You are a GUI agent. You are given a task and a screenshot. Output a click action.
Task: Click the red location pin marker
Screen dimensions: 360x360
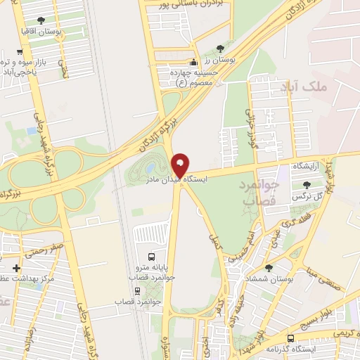coord(180,165)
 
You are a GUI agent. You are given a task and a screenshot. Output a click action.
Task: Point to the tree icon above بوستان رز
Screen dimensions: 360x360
coord(220,49)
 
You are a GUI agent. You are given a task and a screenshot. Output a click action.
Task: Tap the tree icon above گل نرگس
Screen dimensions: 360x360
coord(306,185)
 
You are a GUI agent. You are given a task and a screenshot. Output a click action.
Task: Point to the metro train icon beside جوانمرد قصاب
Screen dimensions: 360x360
coord(136,290)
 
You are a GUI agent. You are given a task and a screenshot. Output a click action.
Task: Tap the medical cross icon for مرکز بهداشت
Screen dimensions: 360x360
coord(17,268)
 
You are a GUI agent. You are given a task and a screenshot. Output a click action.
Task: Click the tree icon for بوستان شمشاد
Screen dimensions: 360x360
coord(269,267)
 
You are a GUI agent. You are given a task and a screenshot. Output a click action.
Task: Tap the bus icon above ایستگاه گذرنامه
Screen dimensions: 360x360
coord(290,338)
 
